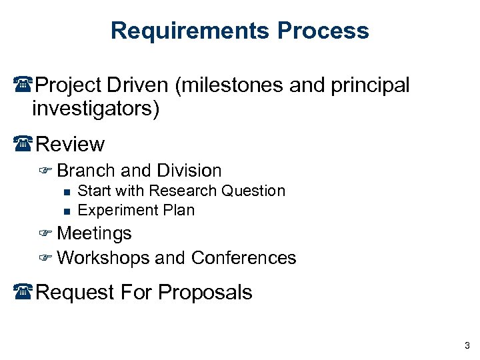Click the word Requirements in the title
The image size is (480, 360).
click(189, 31)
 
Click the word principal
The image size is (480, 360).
click(371, 85)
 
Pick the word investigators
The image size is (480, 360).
click(94, 109)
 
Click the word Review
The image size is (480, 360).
click(70, 144)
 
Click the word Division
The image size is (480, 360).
click(189, 171)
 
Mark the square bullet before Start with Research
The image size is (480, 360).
click(66, 191)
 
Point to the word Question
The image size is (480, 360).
click(253, 191)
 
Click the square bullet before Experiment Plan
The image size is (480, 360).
click(66, 211)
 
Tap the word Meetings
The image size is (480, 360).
click(95, 233)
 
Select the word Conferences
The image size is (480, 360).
click(243, 258)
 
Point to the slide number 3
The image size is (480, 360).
click(467, 345)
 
